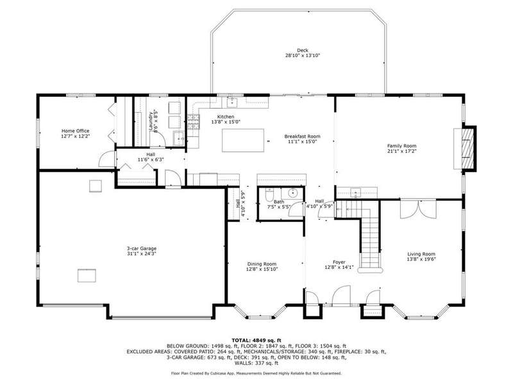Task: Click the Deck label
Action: tap(302, 51)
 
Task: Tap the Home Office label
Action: tap(75, 131)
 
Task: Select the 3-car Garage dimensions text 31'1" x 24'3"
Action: tap(142, 253)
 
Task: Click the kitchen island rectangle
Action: tap(243, 140)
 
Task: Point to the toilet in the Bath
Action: tap(269, 195)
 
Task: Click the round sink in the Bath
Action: tap(292, 193)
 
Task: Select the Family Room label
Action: tap(402, 146)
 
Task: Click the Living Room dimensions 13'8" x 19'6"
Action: tap(421, 259)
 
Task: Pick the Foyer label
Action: tap(339, 262)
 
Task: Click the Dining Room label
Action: tap(262, 264)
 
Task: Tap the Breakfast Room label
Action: tap(302, 136)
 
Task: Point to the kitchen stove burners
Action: tap(194, 122)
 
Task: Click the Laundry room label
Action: tap(151, 122)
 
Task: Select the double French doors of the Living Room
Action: tap(418, 209)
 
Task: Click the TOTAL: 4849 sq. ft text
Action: tap(256, 340)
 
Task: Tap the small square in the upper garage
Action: tap(96, 186)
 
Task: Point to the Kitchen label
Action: tap(226, 116)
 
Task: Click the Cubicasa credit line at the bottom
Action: tap(256, 373)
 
